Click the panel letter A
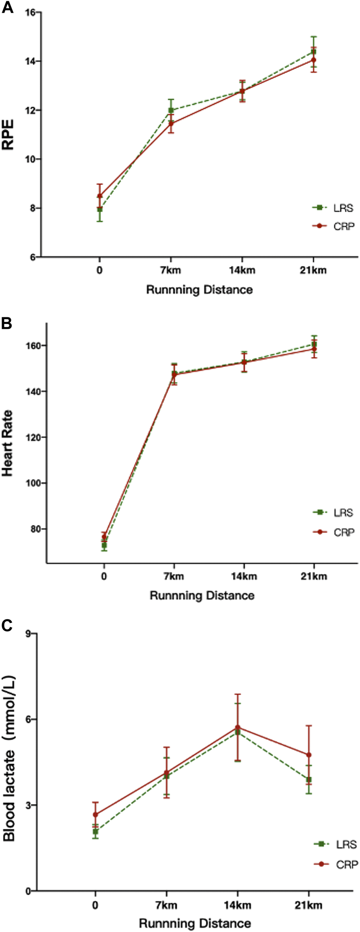coord(7,8)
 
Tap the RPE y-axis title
coord(8,135)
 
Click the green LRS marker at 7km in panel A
coord(171,110)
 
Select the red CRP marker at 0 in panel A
coord(99,196)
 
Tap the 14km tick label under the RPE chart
coord(242,270)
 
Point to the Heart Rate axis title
coord(8,443)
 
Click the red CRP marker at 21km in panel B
coord(314,349)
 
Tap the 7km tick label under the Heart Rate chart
coord(174,576)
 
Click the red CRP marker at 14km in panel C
coord(238,727)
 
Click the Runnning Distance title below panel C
coord(195,923)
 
